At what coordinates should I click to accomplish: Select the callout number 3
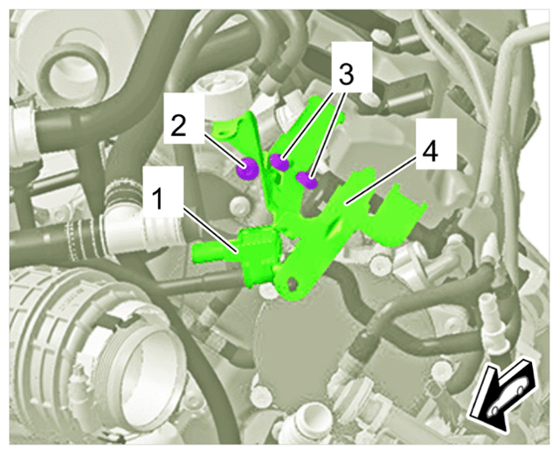click(346, 74)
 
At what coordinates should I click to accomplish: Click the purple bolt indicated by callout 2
click(247, 168)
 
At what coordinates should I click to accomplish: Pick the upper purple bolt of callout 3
click(279, 162)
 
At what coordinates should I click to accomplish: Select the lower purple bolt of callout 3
click(307, 179)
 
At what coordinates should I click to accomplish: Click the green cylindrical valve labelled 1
click(259, 256)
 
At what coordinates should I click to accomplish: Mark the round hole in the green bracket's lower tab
click(293, 282)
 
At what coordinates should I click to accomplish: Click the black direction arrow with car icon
click(500, 396)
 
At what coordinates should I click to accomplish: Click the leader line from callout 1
click(211, 231)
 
